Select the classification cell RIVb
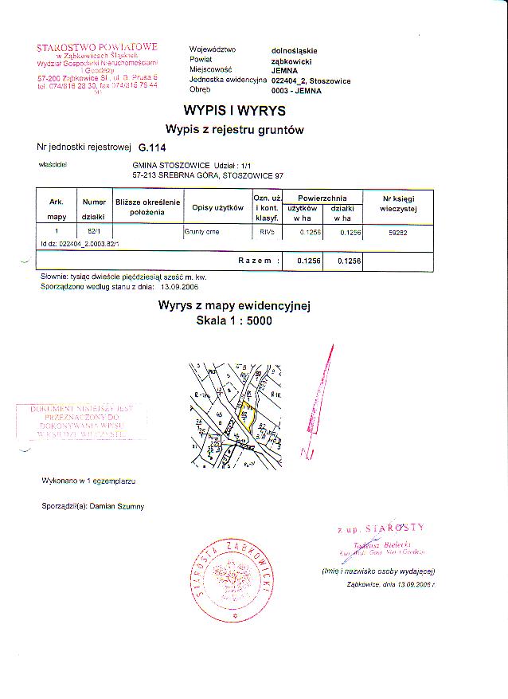(x=265, y=231)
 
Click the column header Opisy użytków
(x=217, y=207)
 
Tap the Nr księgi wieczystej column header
(x=399, y=202)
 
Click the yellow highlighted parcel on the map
(x=245, y=415)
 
